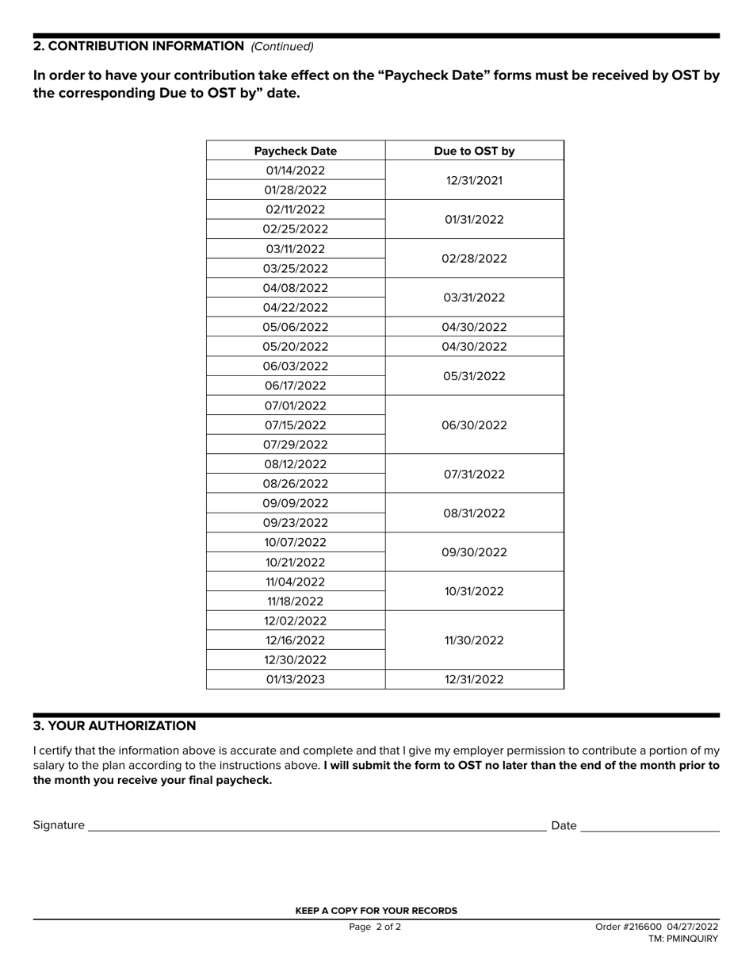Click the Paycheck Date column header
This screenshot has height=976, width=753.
(x=296, y=151)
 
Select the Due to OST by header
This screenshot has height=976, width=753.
(x=474, y=151)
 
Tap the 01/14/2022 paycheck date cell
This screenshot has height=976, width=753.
(x=296, y=171)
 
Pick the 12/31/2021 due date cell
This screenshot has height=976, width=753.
(x=474, y=180)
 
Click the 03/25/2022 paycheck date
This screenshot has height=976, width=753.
(x=296, y=268)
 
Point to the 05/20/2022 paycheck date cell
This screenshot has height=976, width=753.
(x=296, y=347)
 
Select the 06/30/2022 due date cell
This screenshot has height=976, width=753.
(x=474, y=425)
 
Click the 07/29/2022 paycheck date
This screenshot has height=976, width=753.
(x=296, y=444)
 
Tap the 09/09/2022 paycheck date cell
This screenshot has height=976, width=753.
(x=296, y=503)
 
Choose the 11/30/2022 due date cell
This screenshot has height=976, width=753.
(x=474, y=640)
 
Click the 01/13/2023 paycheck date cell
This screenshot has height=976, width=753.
(x=296, y=679)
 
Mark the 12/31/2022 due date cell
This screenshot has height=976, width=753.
(x=474, y=679)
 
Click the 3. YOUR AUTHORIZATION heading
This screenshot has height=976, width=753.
(x=114, y=726)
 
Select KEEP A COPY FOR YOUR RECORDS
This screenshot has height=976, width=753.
(x=376, y=911)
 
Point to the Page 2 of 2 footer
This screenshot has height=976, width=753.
(x=375, y=927)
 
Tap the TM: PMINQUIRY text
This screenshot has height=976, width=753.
(x=683, y=939)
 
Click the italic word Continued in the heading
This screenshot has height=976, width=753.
(x=283, y=47)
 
